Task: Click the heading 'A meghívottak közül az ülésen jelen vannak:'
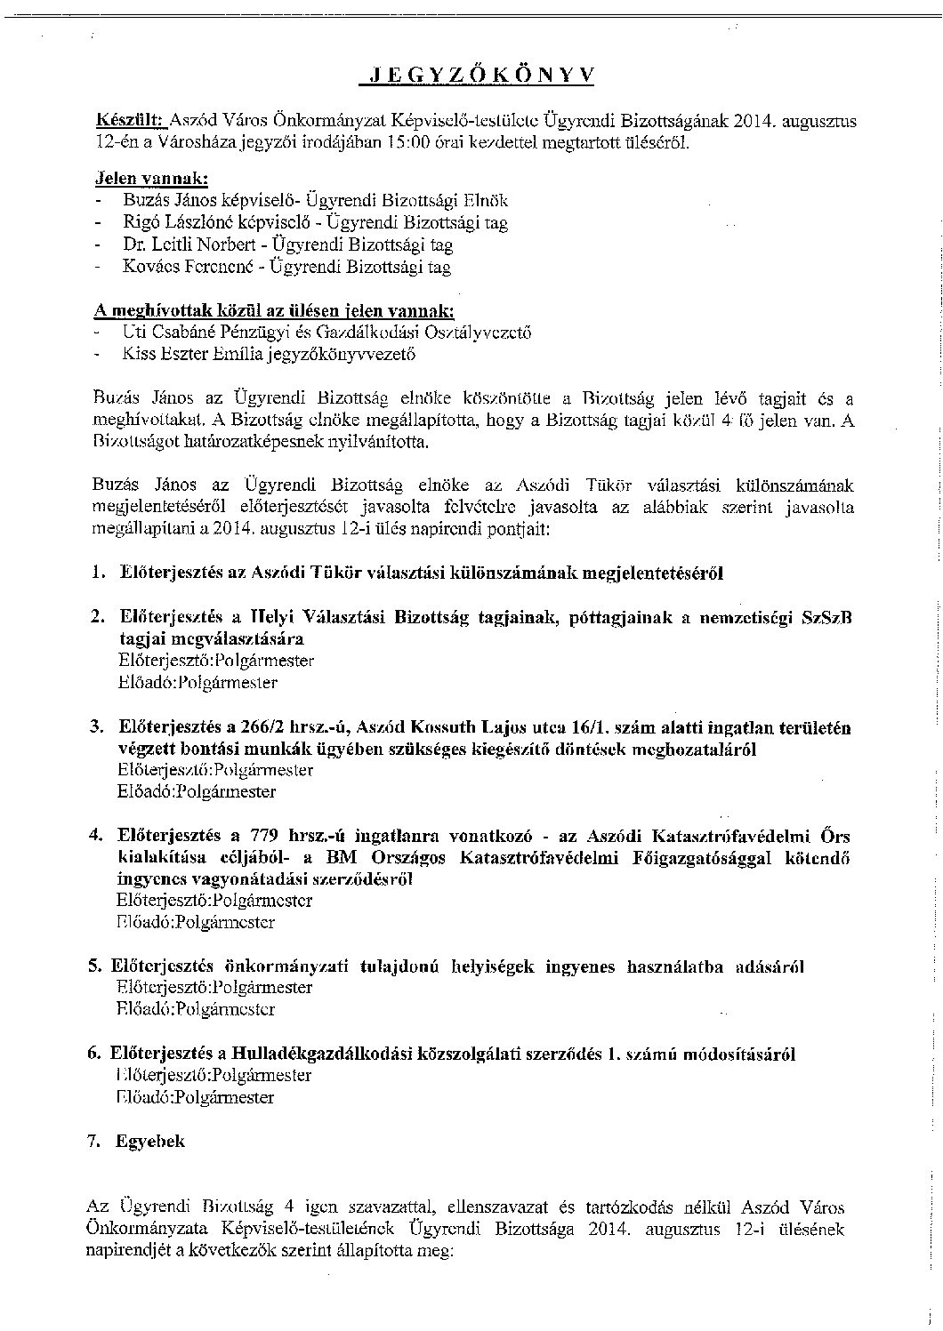pos(274,310)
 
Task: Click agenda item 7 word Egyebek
pos(150,1141)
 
